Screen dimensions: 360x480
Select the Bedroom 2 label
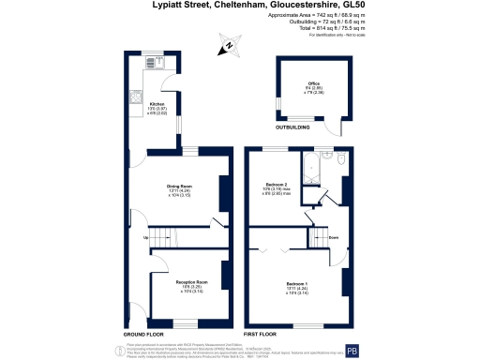[277, 184]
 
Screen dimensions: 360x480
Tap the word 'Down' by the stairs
[333, 237]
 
